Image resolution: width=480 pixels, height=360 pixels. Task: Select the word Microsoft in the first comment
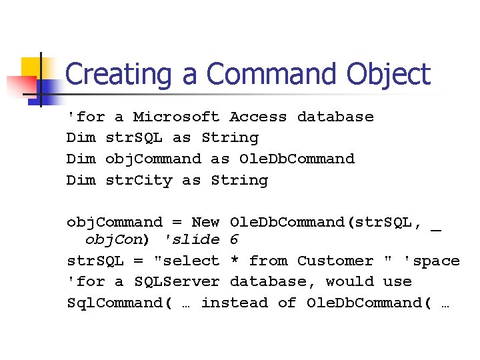pyautogui.click(x=176, y=117)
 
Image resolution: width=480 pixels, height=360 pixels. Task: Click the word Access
pyautogui.click(x=258, y=117)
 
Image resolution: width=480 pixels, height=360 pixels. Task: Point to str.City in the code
pyautogui.click(x=139, y=180)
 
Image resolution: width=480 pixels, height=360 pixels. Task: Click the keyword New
pyautogui.click(x=205, y=222)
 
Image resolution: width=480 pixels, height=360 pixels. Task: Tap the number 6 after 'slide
pyautogui.click(x=234, y=239)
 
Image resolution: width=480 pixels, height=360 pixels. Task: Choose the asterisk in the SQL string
pyautogui.click(x=234, y=261)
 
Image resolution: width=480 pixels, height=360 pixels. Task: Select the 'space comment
pyautogui.click(x=431, y=261)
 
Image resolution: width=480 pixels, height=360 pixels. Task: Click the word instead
pyautogui.click(x=234, y=303)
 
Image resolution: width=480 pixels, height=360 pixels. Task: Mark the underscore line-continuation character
pyautogui.click(x=436, y=227)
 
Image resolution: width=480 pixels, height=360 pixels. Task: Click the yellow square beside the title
pyautogui.click(x=31, y=67)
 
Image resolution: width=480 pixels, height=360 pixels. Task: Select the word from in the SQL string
pyautogui.click(x=268, y=261)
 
